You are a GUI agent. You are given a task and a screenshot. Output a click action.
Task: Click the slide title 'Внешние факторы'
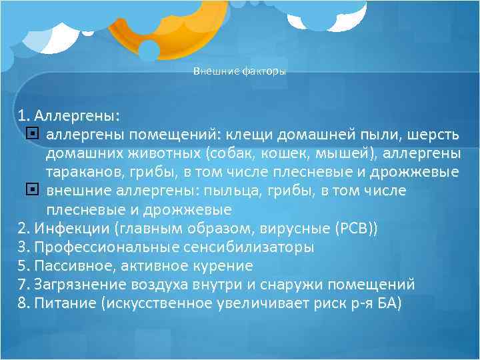coord(239,71)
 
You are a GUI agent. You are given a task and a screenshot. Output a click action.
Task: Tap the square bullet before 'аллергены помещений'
coord(35,135)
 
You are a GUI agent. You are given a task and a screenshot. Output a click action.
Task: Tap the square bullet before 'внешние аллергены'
coord(35,191)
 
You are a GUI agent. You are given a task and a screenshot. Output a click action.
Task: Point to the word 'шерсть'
coord(433,135)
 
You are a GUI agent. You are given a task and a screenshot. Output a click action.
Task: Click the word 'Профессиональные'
coord(105,247)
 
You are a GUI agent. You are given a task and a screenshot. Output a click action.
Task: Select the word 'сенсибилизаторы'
coord(247,247)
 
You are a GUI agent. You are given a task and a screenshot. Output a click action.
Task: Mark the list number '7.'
coord(24,285)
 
